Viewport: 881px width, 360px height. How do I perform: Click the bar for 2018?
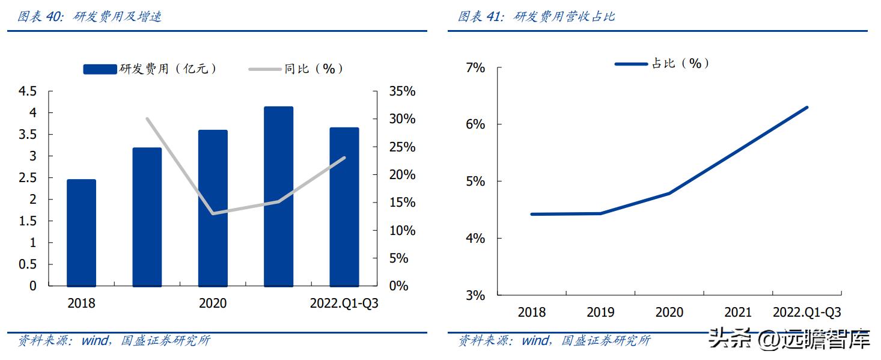click(81, 233)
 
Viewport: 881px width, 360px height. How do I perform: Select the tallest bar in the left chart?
click(278, 197)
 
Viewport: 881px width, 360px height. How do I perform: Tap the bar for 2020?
click(213, 208)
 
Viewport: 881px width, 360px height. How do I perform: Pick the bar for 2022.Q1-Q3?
click(344, 207)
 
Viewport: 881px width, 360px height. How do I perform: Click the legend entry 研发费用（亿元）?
click(150, 69)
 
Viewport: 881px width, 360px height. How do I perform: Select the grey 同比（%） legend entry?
click(297, 69)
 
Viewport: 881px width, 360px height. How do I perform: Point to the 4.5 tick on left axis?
click(28, 91)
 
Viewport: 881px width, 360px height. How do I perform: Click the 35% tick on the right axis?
click(402, 91)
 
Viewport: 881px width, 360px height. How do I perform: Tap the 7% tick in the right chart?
click(475, 68)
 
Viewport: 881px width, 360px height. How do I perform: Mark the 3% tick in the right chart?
click(475, 296)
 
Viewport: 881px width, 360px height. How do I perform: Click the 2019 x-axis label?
click(600, 313)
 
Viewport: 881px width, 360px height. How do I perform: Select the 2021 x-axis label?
click(738, 313)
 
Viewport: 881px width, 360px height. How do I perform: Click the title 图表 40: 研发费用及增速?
click(89, 16)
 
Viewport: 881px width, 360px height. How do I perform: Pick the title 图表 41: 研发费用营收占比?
click(536, 16)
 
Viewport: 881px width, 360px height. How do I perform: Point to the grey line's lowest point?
click(213, 213)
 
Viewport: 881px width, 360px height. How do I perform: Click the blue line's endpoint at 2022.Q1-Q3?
click(806, 108)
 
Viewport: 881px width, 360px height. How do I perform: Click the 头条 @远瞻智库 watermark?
click(789, 340)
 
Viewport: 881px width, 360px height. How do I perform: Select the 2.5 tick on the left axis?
click(28, 178)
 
